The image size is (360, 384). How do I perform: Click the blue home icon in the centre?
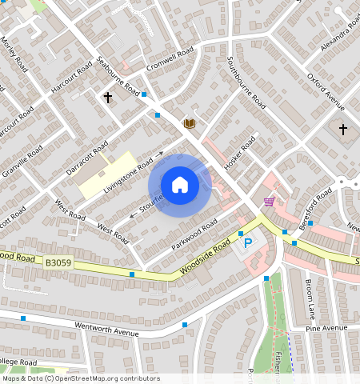(180, 185)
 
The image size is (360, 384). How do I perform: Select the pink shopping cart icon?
(269, 201)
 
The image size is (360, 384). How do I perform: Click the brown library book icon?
(190, 123)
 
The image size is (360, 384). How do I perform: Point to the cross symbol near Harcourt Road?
(108, 98)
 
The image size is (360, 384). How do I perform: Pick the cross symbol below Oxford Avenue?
(343, 129)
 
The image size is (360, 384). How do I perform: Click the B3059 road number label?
(58, 262)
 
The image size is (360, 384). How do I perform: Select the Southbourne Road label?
(246, 82)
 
